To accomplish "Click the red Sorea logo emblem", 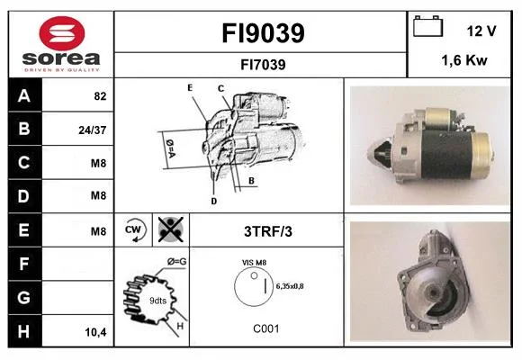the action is tap(62, 33).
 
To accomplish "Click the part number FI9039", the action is tap(263, 33).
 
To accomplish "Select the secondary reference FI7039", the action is tap(263, 65).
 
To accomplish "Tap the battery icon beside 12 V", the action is tap(427, 26).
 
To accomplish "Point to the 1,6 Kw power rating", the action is tap(464, 60).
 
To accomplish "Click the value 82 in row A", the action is tap(100, 96).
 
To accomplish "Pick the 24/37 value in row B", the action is tap(93, 130).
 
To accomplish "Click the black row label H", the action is tap(25, 331).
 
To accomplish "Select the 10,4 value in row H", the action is tap(95, 332).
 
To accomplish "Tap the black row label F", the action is tap(25, 264).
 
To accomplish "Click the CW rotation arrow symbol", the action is tap(133, 229).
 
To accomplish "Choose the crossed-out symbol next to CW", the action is tap(171, 229).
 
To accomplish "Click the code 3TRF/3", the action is tap(268, 231).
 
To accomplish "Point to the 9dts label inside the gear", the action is tap(157, 301).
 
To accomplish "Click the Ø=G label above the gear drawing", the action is tap(176, 262).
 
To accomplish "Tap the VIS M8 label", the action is tap(255, 263).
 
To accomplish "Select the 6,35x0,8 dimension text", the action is tap(290, 286).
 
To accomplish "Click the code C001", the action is tap(266, 328).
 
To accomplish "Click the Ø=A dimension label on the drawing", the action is tap(170, 148).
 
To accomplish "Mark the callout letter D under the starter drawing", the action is tap(214, 201).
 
